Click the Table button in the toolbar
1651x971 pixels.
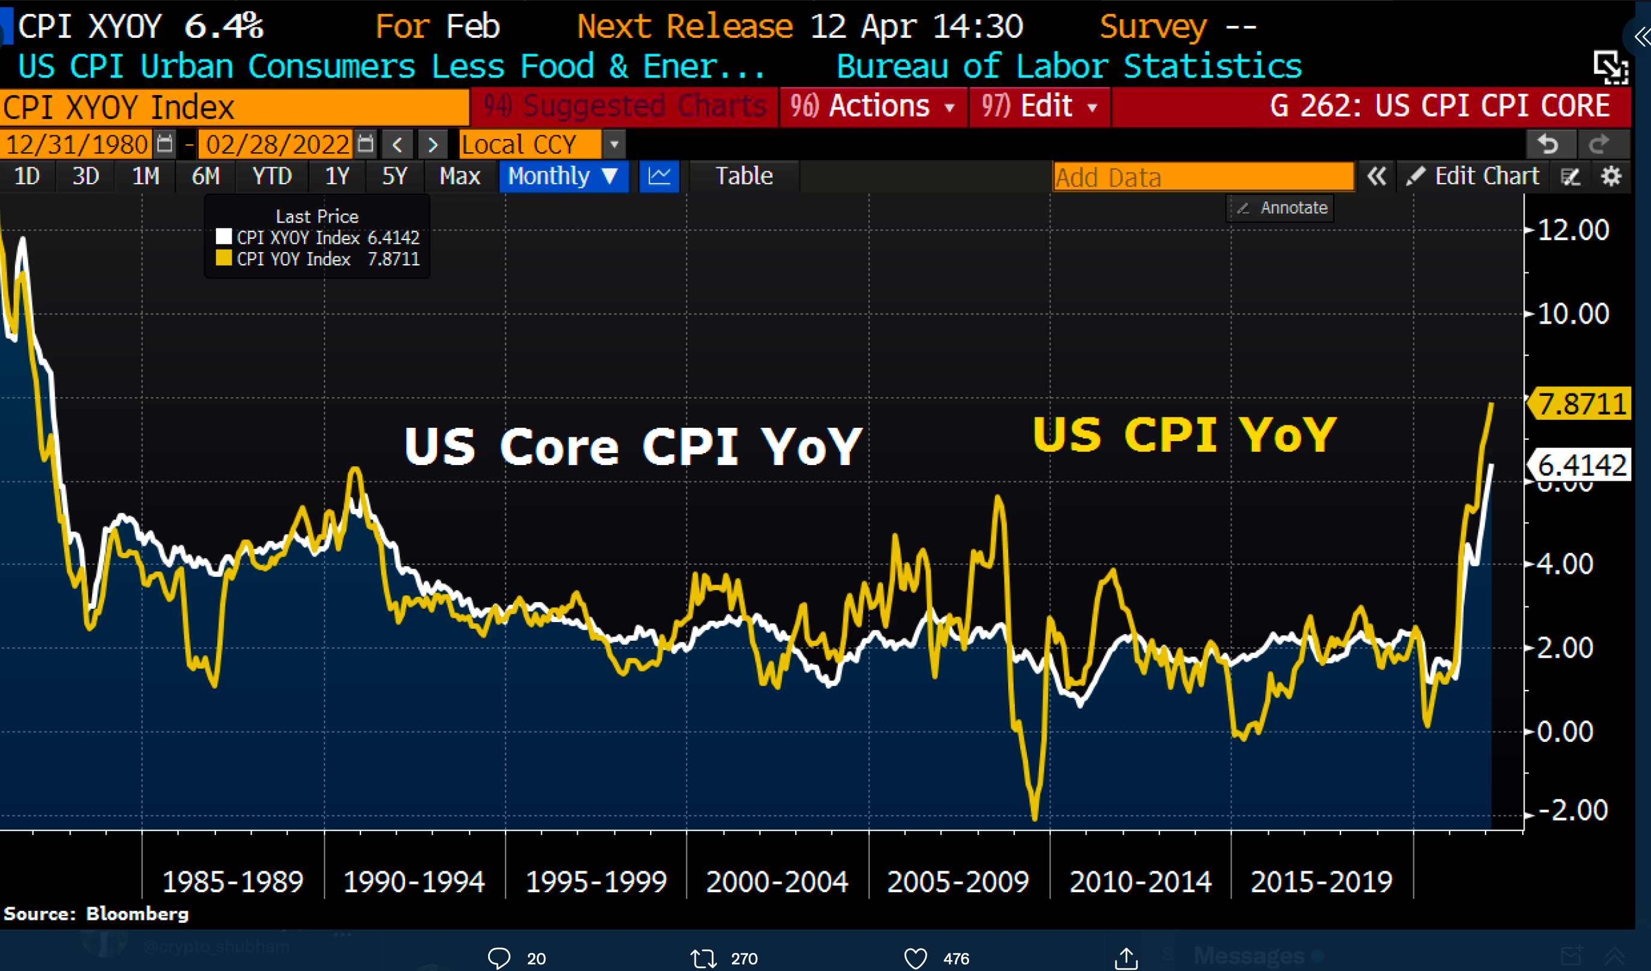tap(743, 176)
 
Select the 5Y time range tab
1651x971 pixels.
tap(394, 176)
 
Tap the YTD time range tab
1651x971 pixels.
tap(272, 176)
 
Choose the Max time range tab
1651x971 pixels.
tap(459, 176)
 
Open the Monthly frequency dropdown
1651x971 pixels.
tap(563, 176)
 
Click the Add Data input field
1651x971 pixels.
tap(1203, 177)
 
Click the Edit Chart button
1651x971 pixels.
tap(1474, 176)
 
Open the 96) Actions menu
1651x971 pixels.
tap(872, 106)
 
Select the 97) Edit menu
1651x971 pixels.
tap(1039, 106)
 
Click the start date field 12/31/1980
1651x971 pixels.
tap(77, 144)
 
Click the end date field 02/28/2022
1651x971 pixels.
tap(277, 144)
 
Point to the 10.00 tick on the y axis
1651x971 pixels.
tap(1572, 314)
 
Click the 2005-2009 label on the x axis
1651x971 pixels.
tap(958, 882)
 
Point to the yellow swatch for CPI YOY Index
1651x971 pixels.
tap(223, 258)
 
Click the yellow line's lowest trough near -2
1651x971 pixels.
tap(1035, 815)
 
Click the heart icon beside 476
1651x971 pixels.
tap(915, 958)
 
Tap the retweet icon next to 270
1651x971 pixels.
tap(703, 958)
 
